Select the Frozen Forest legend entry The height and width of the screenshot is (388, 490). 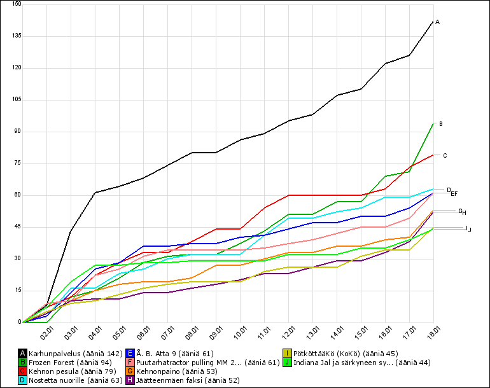pyautogui.click(x=72, y=362)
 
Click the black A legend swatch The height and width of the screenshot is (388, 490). pyautogui.click(x=23, y=353)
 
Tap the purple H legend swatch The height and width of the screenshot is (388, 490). pyautogui.click(x=130, y=380)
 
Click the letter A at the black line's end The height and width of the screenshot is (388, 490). pyautogui.click(x=438, y=22)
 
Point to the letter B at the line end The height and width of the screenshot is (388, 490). pyautogui.click(x=441, y=124)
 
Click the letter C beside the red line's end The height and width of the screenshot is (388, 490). pyautogui.click(x=445, y=156)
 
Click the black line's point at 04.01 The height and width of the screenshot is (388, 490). pyautogui.click(x=95, y=192)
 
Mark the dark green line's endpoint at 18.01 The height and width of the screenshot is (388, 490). pyautogui.click(x=433, y=123)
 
